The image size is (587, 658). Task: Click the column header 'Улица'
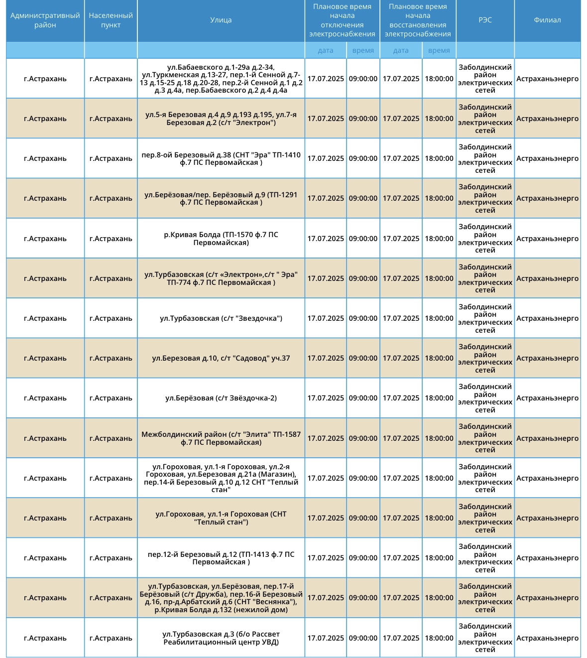click(221, 20)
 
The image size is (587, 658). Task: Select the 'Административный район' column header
click(45, 20)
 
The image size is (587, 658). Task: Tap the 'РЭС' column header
click(485, 20)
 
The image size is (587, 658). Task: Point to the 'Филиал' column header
click(547, 20)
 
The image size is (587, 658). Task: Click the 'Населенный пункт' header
click(111, 20)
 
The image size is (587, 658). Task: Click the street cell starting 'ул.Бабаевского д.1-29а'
click(221, 79)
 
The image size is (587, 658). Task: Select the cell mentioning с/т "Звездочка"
click(221, 318)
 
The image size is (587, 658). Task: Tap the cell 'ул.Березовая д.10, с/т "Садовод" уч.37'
click(221, 358)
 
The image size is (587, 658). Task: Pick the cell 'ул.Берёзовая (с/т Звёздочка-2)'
click(221, 398)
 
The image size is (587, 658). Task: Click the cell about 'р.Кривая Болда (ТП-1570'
click(221, 239)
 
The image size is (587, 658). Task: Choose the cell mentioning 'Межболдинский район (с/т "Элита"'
click(221, 438)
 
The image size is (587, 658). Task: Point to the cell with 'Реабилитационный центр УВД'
click(221, 638)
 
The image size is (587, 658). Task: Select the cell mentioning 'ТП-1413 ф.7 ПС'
click(221, 558)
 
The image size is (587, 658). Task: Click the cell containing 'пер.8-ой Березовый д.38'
click(221, 158)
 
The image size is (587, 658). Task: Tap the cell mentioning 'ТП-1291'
click(221, 198)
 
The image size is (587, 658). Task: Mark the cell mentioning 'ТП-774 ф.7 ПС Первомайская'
click(221, 278)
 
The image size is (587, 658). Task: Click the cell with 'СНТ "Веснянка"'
click(221, 598)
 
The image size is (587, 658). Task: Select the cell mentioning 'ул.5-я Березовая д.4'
click(221, 119)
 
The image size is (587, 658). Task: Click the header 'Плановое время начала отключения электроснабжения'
click(342, 20)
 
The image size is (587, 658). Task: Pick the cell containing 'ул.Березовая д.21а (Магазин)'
click(221, 478)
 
